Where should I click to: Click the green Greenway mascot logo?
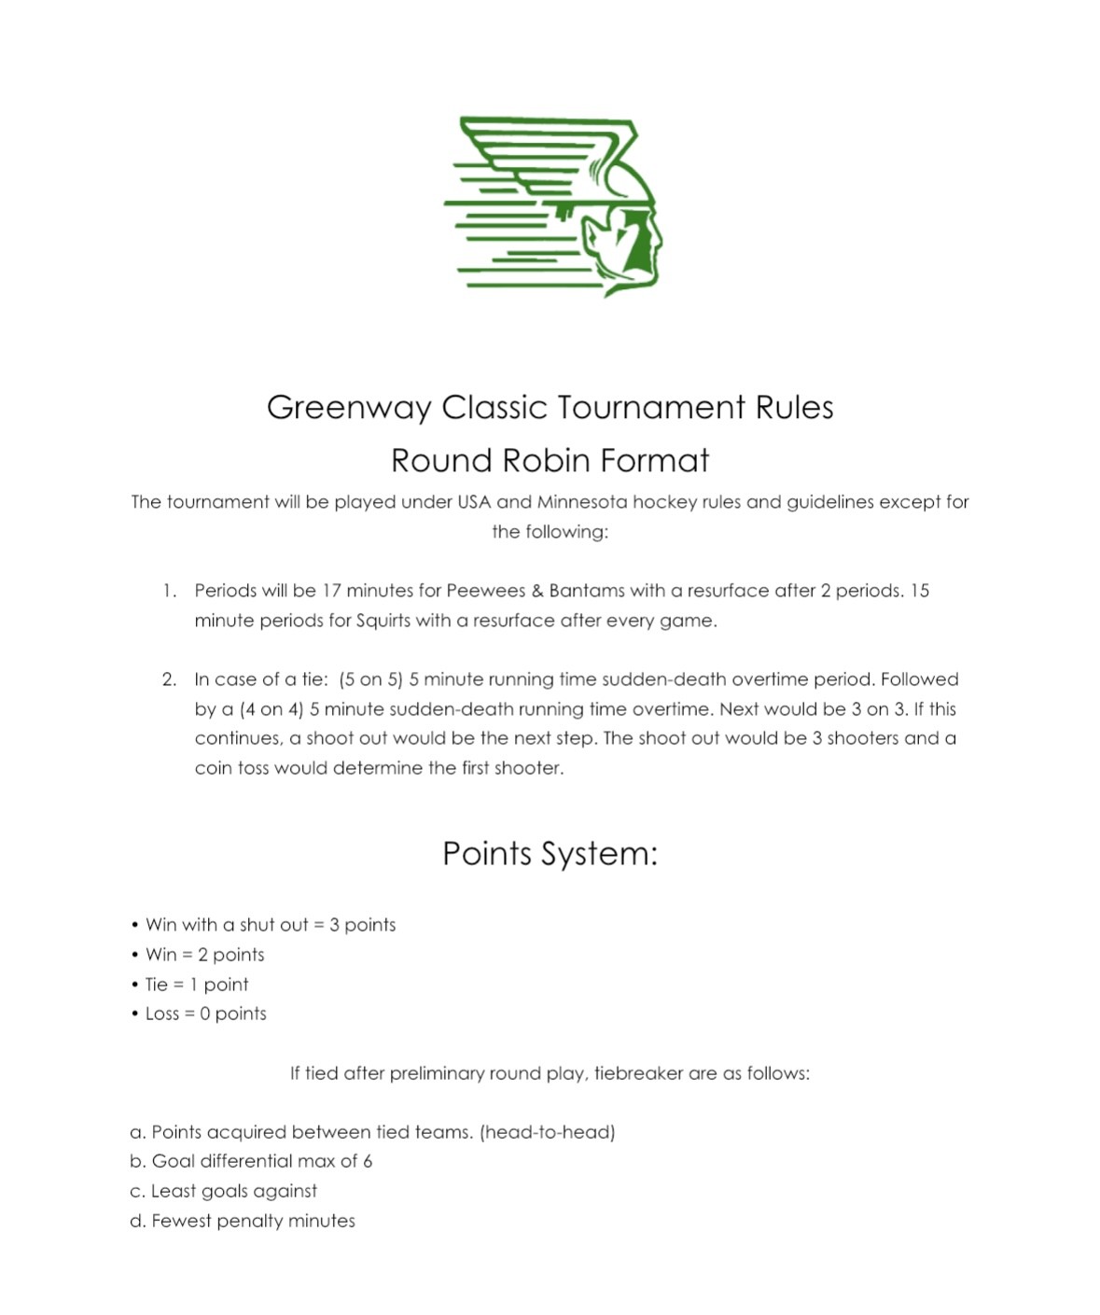[552, 206]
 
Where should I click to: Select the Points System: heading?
[550, 854]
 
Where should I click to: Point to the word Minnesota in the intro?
[582, 502]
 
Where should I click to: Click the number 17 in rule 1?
[331, 591]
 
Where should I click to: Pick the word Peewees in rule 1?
[485, 591]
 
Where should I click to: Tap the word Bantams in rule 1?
[586, 591]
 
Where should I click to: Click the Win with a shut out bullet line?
[270, 925]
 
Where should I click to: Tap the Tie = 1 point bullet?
[197, 985]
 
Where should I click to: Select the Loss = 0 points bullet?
[205, 1014]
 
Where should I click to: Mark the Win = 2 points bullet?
[204, 955]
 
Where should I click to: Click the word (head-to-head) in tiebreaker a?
[547, 1132]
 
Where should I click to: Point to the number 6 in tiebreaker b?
[368, 1161]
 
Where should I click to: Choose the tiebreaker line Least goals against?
[233, 1191]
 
